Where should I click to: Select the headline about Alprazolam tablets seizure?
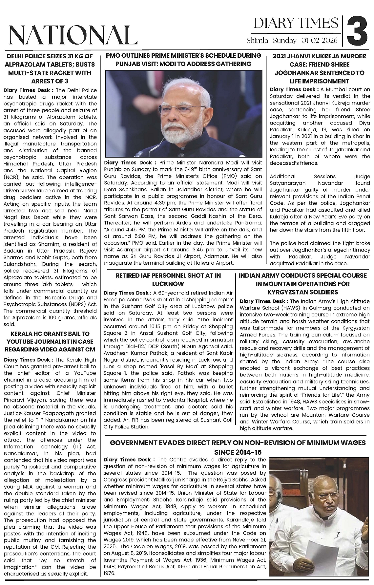tap(50, 68)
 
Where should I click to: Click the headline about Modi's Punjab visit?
tap(183, 60)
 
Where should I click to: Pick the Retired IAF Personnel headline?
tap(168, 280)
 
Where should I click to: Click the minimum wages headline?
tap(238, 447)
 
